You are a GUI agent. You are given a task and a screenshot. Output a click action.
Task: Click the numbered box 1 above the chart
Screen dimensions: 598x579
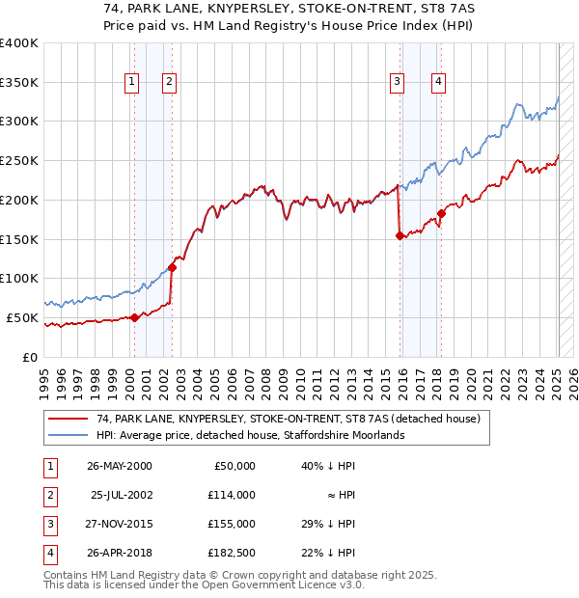(131, 82)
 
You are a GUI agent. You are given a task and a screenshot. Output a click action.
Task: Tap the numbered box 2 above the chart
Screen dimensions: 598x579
(169, 82)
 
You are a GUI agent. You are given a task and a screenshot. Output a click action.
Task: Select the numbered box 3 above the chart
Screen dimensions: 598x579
(397, 82)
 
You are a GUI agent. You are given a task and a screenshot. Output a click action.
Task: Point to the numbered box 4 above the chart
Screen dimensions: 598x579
(438, 82)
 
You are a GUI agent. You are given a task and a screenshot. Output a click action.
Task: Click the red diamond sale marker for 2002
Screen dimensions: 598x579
(172, 267)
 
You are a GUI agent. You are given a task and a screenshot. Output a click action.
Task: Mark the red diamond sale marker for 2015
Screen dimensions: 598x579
(400, 235)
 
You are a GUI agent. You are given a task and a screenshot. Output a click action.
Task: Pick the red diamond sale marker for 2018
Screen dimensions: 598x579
(441, 213)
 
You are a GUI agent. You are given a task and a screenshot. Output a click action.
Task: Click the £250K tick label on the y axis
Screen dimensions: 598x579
(18, 160)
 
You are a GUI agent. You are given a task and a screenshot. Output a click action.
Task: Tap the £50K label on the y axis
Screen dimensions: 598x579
(22, 317)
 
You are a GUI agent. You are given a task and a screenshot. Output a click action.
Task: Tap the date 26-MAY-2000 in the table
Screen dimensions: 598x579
(119, 466)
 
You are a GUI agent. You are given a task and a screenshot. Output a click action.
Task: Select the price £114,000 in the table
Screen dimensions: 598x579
(232, 495)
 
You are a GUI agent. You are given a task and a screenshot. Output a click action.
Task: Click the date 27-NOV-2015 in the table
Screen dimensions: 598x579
(119, 524)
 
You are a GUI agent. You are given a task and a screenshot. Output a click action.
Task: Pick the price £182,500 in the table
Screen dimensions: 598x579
(232, 553)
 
